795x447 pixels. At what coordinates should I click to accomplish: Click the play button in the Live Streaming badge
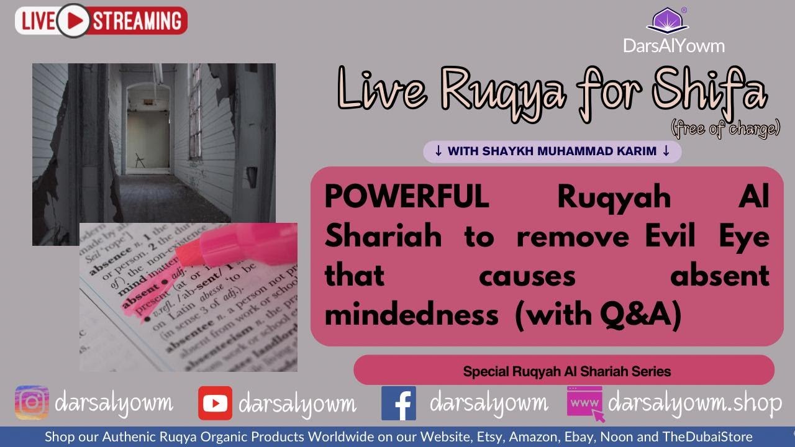tap(74, 20)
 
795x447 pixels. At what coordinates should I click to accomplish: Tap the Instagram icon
tap(32, 403)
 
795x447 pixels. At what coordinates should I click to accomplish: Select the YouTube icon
tap(215, 403)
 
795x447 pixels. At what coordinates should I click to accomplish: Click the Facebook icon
tap(399, 403)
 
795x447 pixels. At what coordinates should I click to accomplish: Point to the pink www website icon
tap(584, 403)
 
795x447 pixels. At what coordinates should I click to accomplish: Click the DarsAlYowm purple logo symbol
tap(667, 20)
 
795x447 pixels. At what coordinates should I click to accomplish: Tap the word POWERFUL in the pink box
tap(407, 197)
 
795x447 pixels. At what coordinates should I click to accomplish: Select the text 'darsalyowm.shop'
tap(695, 404)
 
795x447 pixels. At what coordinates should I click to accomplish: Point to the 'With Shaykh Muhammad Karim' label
tap(552, 151)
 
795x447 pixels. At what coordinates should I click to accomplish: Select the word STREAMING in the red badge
tap(138, 20)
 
